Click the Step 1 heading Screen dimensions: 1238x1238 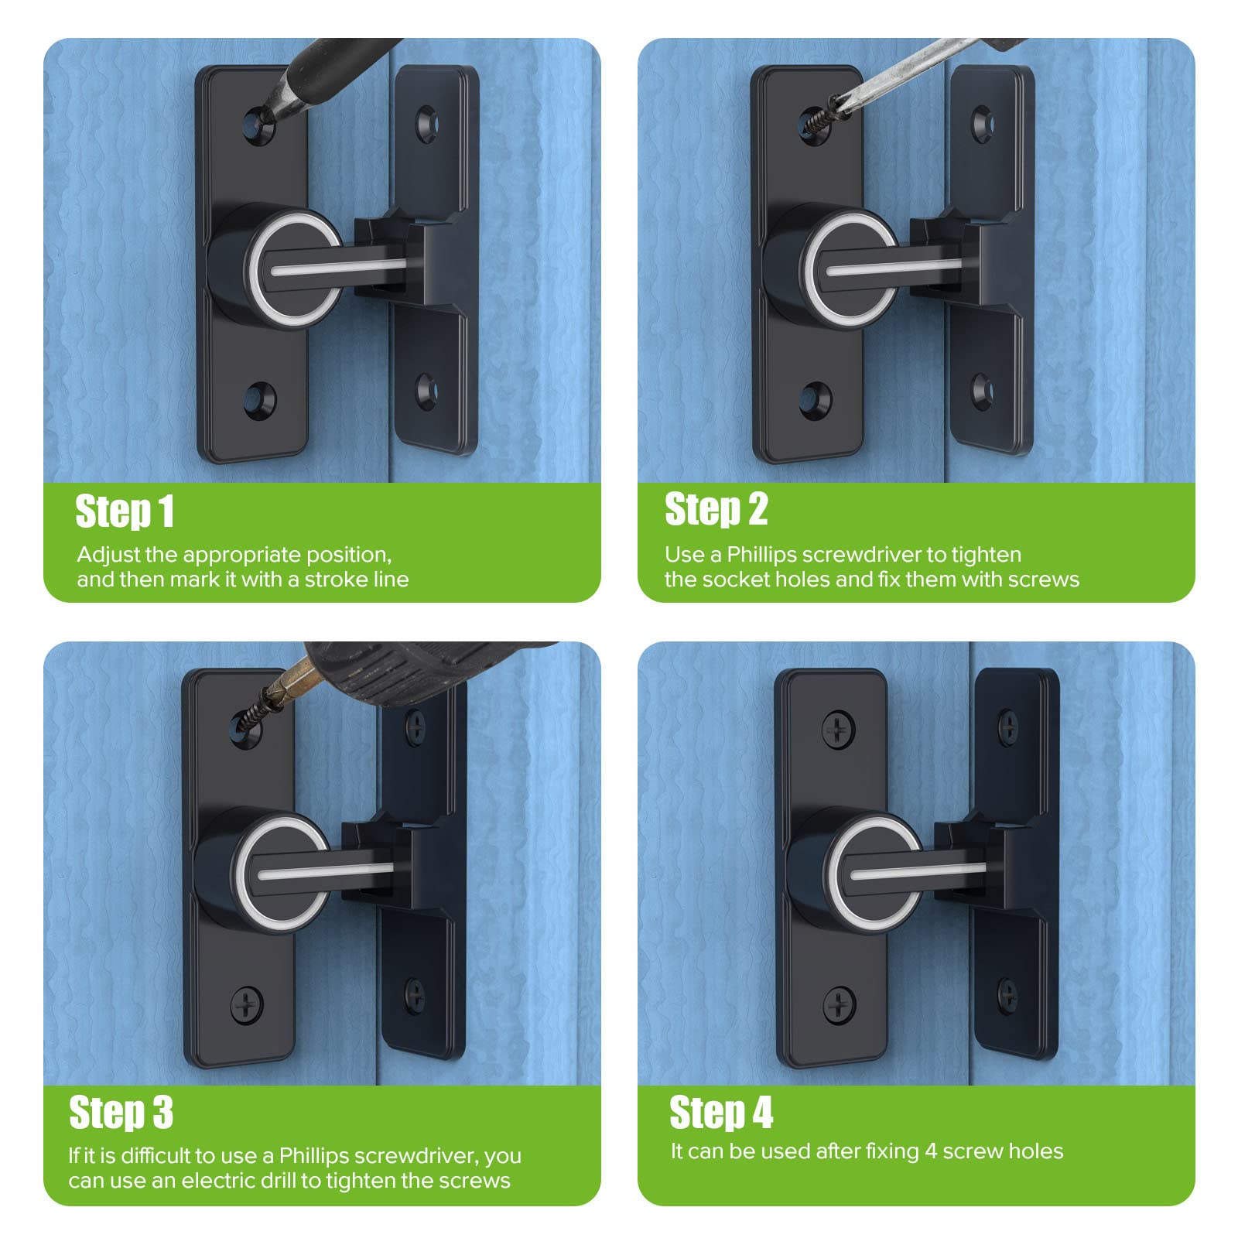(x=125, y=511)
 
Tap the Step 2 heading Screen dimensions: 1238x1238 (x=716, y=509)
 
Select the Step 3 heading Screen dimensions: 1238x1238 (x=121, y=1113)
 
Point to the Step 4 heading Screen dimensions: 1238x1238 (x=720, y=1113)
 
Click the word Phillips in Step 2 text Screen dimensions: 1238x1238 (x=761, y=555)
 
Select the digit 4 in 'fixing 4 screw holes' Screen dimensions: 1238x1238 (x=931, y=1151)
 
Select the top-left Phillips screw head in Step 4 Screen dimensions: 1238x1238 (x=838, y=730)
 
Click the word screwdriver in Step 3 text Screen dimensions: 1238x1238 (x=419, y=1156)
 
